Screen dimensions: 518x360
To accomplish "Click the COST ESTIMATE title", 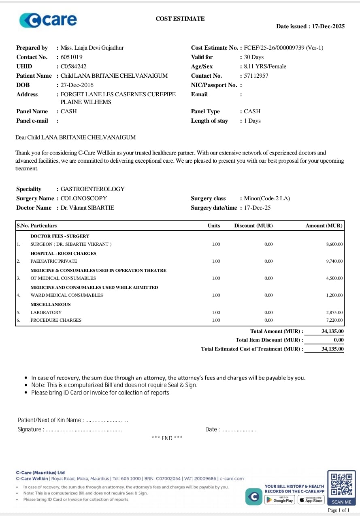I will tap(180, 19).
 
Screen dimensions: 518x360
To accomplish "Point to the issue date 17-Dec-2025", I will tap(328, 26).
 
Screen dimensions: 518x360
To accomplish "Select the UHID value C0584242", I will tap(73, 66).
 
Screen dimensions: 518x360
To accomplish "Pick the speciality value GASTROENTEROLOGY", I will tap(92, 189).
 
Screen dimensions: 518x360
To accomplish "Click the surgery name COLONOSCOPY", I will tap(84, 198).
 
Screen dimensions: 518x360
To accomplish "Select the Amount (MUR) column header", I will tap(324, 226).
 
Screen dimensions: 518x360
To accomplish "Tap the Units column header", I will tap(214, 226).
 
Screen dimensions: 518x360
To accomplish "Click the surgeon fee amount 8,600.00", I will tap(334, 244).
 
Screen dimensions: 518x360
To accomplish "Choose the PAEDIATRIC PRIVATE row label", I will tap(54, 261).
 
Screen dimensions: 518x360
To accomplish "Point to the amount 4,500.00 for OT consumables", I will tap(334, 278).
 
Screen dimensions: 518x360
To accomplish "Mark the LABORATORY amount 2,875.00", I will tap(334, 312).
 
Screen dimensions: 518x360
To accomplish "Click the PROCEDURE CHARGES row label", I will tap(56, 320).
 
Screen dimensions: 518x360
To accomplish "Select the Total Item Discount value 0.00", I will tap(339, 340).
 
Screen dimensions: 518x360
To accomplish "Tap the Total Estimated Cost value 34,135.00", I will tap(332, 349).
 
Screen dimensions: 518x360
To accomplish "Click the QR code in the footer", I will tap(341, 485).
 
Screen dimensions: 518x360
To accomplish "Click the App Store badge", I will tap(311, 500).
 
